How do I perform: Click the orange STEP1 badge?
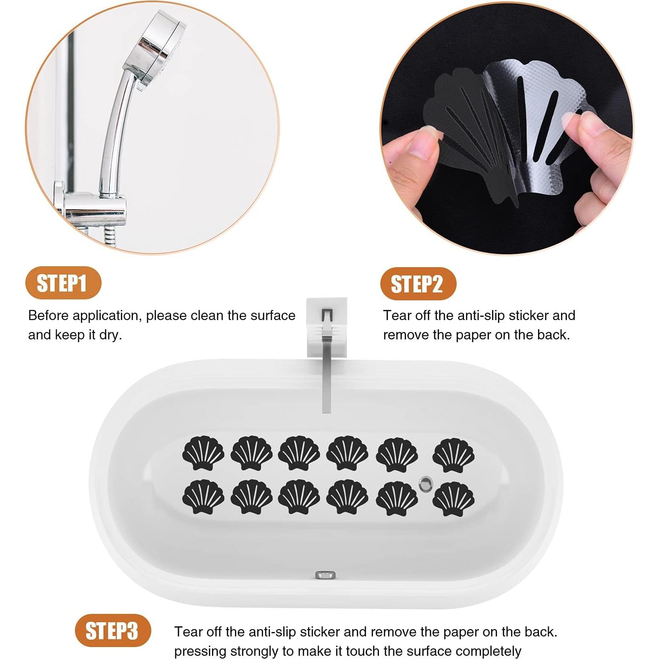(63, 283)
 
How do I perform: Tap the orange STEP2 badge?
(418, 284)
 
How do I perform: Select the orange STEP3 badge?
(113, 630)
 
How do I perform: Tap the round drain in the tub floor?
(426, 483)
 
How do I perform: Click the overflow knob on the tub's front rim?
(325, 575)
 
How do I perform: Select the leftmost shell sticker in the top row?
(203, 453)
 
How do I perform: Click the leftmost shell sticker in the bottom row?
(203, 497)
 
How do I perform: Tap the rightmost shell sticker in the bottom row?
(453, 499)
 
